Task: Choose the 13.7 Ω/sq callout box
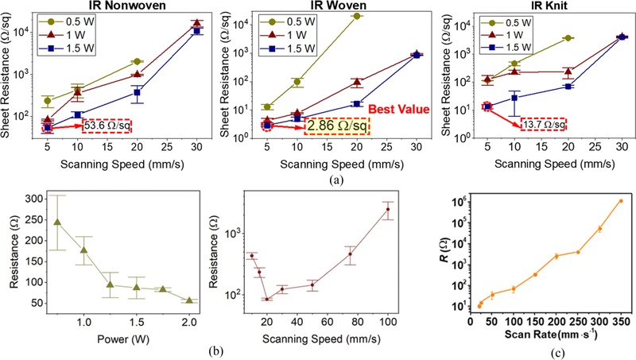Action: [x=543, y=125]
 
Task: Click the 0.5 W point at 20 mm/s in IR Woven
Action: [x=357, y=16]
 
